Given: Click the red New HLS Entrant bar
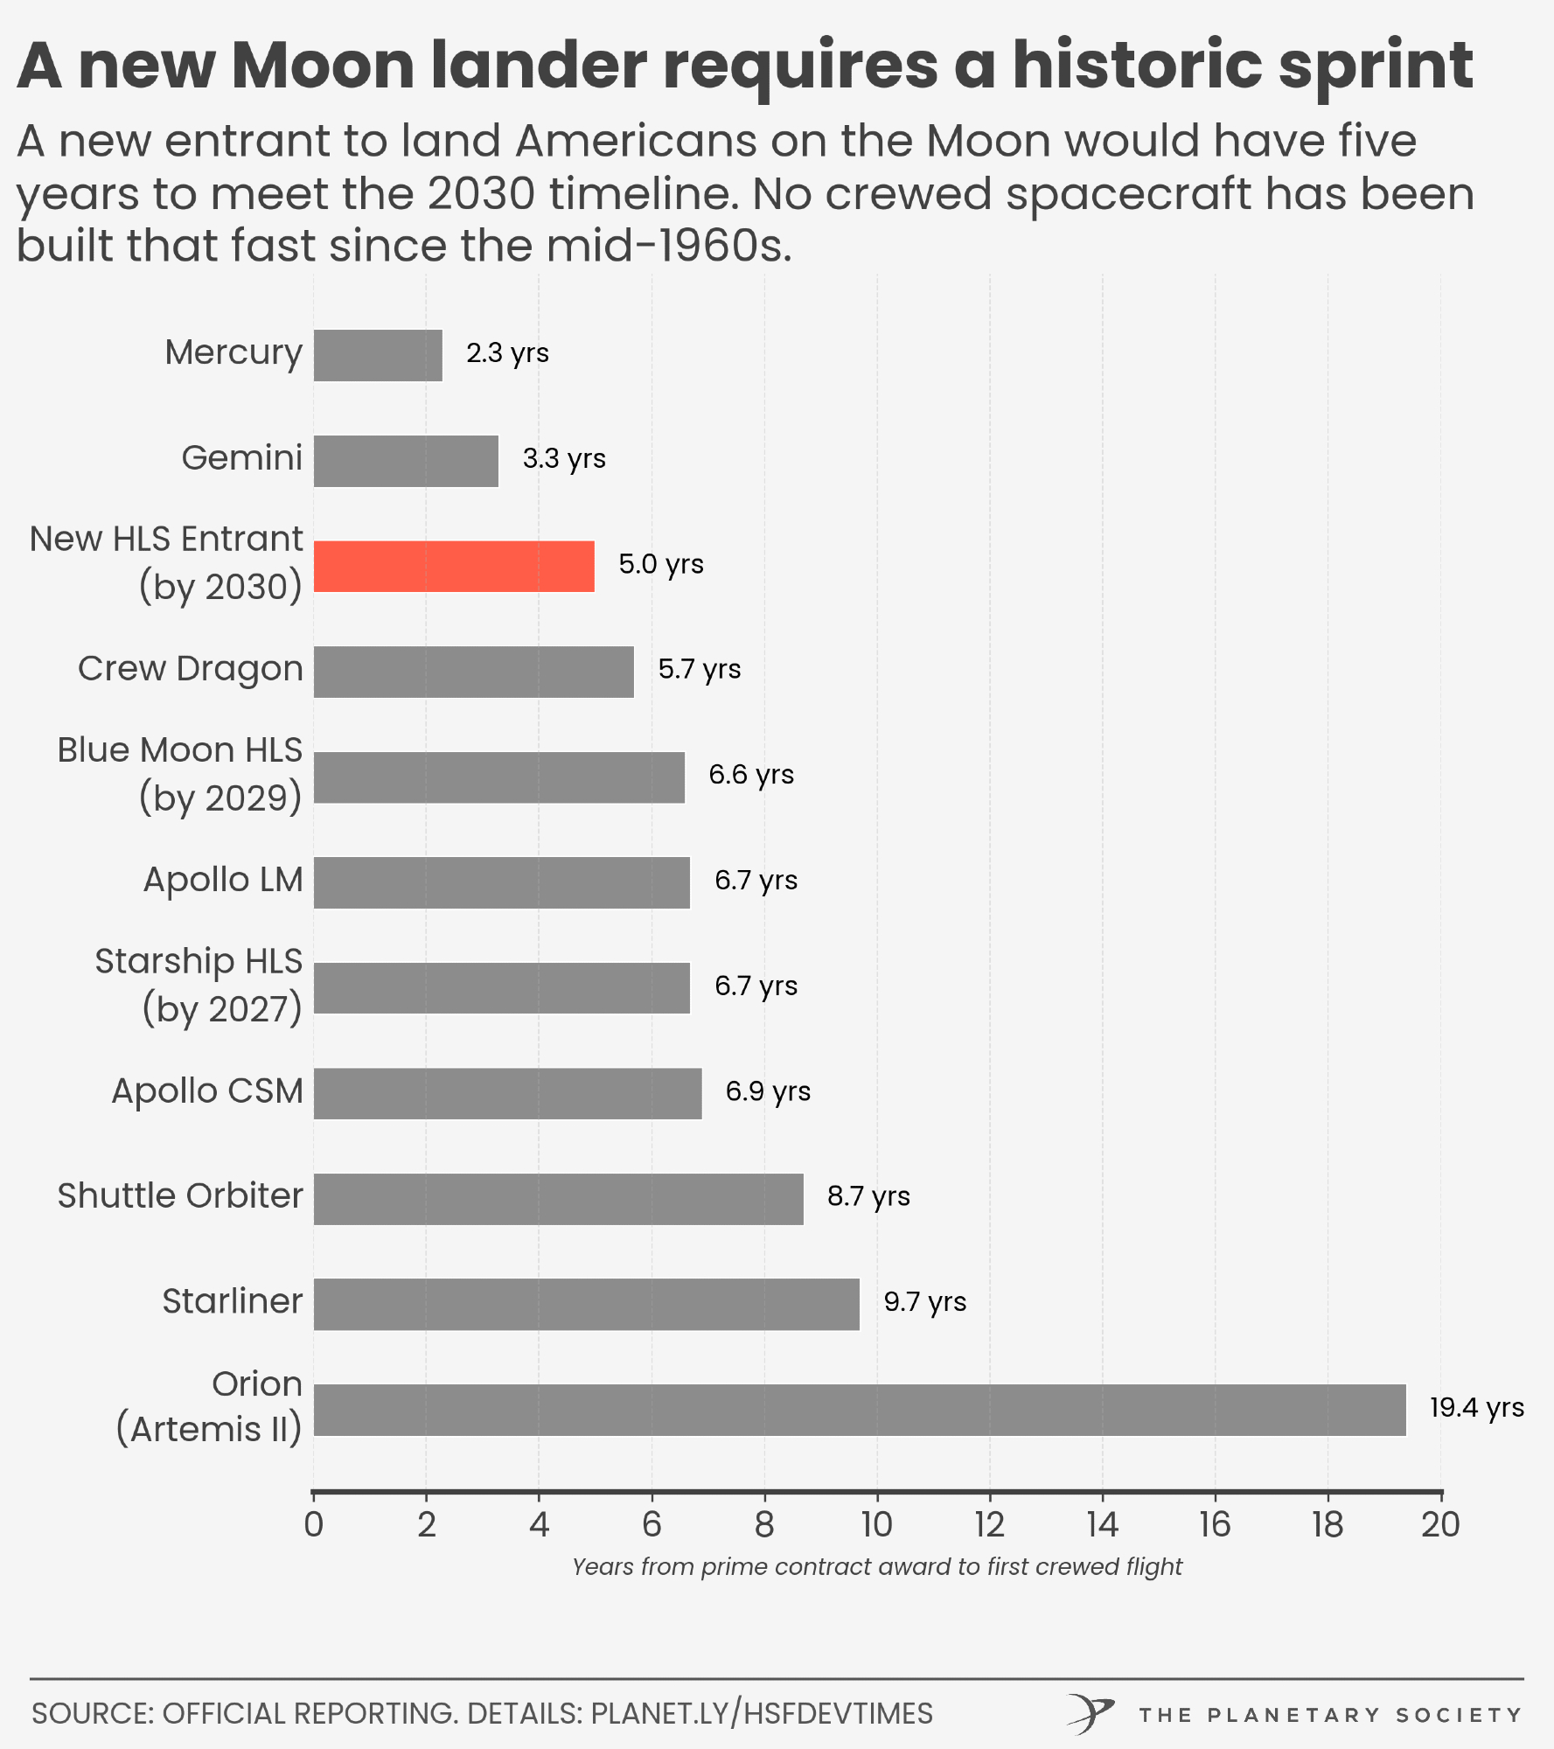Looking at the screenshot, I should (x=454, y=566).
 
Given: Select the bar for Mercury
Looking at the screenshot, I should (x=378, y=355).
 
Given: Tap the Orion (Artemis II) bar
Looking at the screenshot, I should (x=860, y=1410).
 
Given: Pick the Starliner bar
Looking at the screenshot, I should (x=586, y=1304).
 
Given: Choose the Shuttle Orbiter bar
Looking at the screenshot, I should (x=558, y=1198).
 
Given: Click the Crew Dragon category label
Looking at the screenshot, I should (x=190, y=669).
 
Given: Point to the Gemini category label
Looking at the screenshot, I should (x=241, y=458).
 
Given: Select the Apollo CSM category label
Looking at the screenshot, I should (x=207, y=1091).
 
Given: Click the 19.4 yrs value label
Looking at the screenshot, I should (x=1476, y=1407).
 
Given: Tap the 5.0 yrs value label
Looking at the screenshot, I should (x=660, y=564).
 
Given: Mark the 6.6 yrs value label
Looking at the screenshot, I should (x=750, y=775).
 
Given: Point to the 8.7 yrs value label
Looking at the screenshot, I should (x=868, y=1196).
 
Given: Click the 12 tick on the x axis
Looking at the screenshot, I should (x=990, y=1525).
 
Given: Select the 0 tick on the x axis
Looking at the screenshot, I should (x=313, y=1525).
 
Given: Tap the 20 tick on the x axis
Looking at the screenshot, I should (x=1440, y=1525).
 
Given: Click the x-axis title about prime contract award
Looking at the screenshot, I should (x=876, y=1567).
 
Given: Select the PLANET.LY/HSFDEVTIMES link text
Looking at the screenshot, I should (x=762, y=1713).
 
